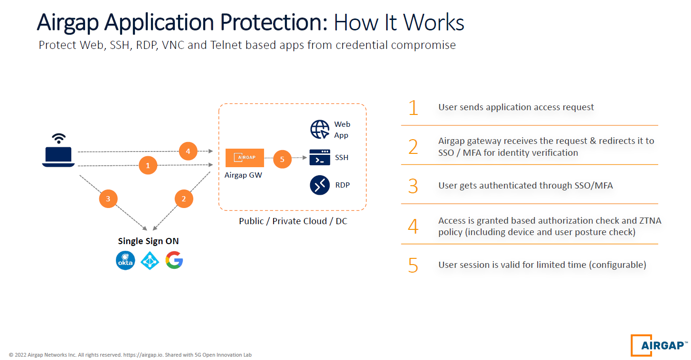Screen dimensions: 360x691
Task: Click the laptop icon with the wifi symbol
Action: coord(58,151)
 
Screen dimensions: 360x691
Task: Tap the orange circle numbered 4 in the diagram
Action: coord(188,152)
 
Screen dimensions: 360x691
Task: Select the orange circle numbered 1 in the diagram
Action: coord(148,165)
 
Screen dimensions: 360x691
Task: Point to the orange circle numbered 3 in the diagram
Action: coord(108,199)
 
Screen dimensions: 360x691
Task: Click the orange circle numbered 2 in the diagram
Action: coord(184,199)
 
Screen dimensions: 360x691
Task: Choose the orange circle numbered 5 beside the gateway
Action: coord(282,159)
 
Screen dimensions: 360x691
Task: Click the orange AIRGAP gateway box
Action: coord(245,158)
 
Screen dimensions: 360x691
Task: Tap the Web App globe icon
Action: coord(320,129)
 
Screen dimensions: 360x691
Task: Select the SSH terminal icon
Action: coord(320,157)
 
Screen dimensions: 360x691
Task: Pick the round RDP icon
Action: coord(320,185)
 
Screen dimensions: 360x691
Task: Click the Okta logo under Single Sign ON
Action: coord(126,260)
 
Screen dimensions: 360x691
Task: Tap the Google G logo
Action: coord(174,260)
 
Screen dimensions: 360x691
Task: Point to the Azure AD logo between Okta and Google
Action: coord(151,260)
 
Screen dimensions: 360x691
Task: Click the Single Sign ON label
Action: coord(148,241)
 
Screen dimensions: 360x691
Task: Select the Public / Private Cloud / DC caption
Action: coord(293,221)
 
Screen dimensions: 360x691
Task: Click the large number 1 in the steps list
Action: coord(413,108)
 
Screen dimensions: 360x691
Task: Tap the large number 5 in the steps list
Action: coord(413,265)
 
